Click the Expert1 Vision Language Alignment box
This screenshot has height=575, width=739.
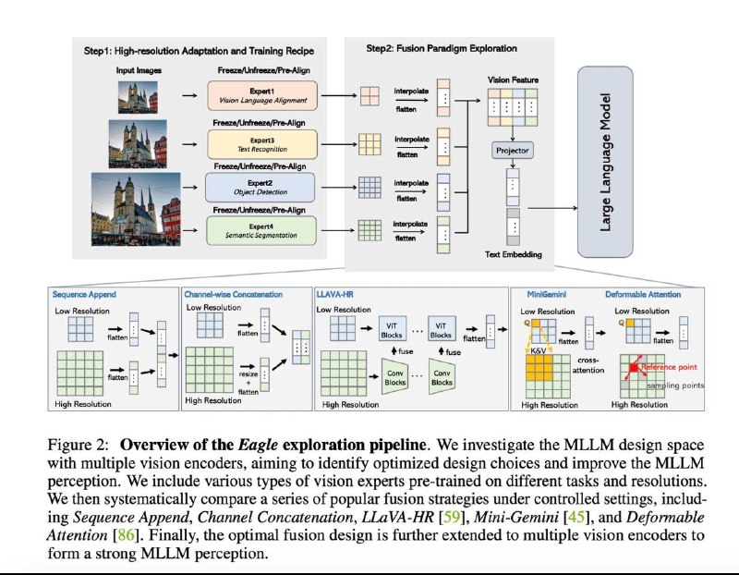(262, 96)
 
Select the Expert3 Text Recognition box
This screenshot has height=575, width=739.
(262, 144)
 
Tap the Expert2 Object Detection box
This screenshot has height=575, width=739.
(260, 188)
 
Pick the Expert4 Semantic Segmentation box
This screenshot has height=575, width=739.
(261, 231)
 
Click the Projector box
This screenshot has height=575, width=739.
(513, 151)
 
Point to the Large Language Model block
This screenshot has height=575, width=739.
(605, 162)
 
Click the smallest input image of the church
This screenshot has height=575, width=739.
(138, 97)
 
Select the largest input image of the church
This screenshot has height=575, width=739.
(136, 209)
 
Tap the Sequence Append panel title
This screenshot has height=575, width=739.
(84, 294)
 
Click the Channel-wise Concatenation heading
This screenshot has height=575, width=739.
(234, 294)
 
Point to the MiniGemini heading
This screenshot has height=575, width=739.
(547, 294)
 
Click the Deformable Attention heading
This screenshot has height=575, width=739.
(643, 294)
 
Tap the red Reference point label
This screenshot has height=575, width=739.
(669, 367)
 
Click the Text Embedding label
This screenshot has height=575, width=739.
(514, 254)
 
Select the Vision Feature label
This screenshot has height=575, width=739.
(513, 80)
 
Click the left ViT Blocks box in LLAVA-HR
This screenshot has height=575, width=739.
(391, 330)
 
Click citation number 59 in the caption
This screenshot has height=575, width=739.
(451, 517)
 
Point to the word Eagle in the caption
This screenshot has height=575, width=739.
(258, 445)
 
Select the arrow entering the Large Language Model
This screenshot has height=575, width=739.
(552, 208)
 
